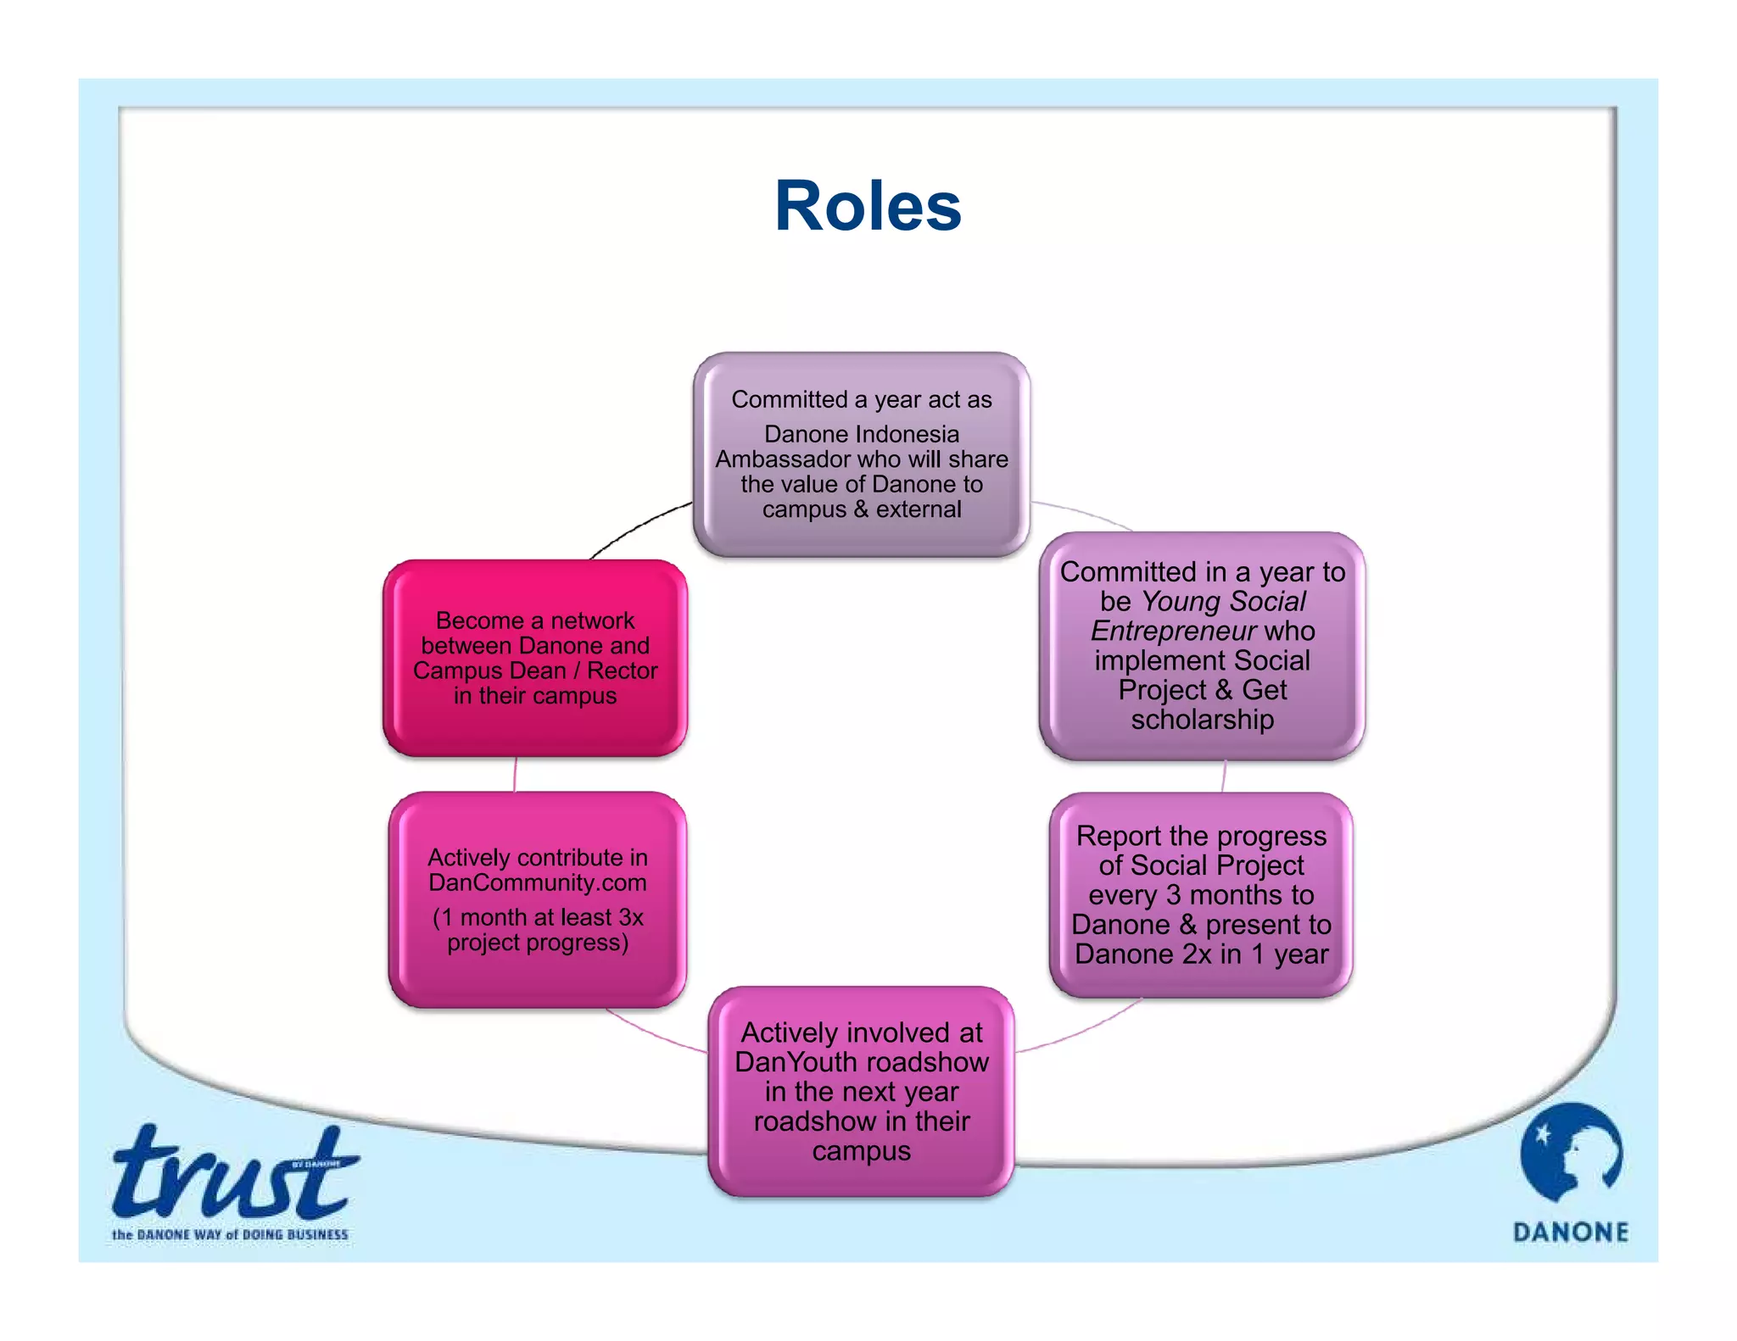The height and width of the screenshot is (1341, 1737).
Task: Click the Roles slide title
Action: pyautogui.click(x=867, y=207)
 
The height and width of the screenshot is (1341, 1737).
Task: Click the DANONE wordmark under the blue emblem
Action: pyautogui.click(x=1571, y=1232)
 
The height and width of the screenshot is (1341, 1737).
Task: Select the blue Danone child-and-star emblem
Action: pyautogui.click(x=1571, y=1153)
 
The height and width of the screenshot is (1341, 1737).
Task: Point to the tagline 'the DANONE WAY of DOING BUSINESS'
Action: pyautogui.click(x=230, y=1235)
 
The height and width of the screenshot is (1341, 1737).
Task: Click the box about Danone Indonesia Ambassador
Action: pyautogui.click(x=861, y=455)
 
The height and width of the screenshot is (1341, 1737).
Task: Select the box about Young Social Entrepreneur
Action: pyautogui.click(x=1201, y=646)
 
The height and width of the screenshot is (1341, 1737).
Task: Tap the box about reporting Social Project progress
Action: pyautogui.click(x=1201, y=895)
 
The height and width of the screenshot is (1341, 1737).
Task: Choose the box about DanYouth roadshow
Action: pyautogui.click(x=861, y=1092)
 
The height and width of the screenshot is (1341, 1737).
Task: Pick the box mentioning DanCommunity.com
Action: pyautogui.click(x=537, y=900)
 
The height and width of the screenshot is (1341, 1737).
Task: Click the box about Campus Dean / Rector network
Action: pyautogui.click(x=534, y=658)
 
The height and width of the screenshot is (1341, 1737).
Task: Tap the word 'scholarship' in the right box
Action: pyautogui.click(x=1202, y=720)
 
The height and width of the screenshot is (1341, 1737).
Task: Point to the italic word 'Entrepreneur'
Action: pyautogui.click(x=1173, y=632)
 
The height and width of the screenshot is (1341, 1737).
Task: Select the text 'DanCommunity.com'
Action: pyautogui.click(x=537, y=883)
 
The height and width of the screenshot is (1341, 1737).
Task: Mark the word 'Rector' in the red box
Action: pyautogui.click(x=622, y=670)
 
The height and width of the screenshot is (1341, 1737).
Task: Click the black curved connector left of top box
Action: pyautogui.click(x=638, y=527)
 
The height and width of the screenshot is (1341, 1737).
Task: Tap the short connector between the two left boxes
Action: pyautogui.click(x=515, y=774)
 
